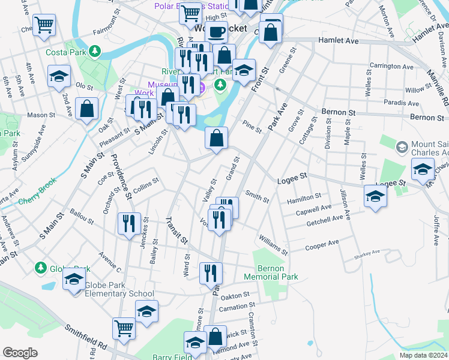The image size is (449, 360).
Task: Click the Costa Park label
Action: coord(65,52)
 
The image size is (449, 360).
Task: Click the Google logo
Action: coord(20,353)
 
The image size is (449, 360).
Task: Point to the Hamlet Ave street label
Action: coord(337,41)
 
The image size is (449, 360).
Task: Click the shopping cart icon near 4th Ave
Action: coord(44,26)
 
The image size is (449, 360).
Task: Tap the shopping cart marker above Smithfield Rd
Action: coord(124,328)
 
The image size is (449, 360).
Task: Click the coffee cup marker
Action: coord(217,31)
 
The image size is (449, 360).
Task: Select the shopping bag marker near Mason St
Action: coord(87,110)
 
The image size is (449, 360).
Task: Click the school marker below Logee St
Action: coord(376,196)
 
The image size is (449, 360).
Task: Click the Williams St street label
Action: coord(273,244)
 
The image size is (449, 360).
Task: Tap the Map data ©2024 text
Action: coord(423,355)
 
